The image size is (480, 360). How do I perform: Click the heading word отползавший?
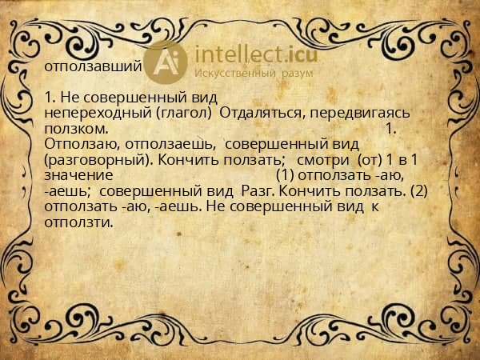pyautogui.click(x=94, y=66)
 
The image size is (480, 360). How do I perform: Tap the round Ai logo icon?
pyautogui.click(x=166, y=62)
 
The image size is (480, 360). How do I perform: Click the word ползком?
pyautogui.click(x=76, y=129)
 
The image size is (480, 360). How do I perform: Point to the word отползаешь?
pyautogui.click(x=169, y=144)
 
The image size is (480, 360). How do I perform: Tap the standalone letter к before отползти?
pyautogui.click(x=374, y=206)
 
